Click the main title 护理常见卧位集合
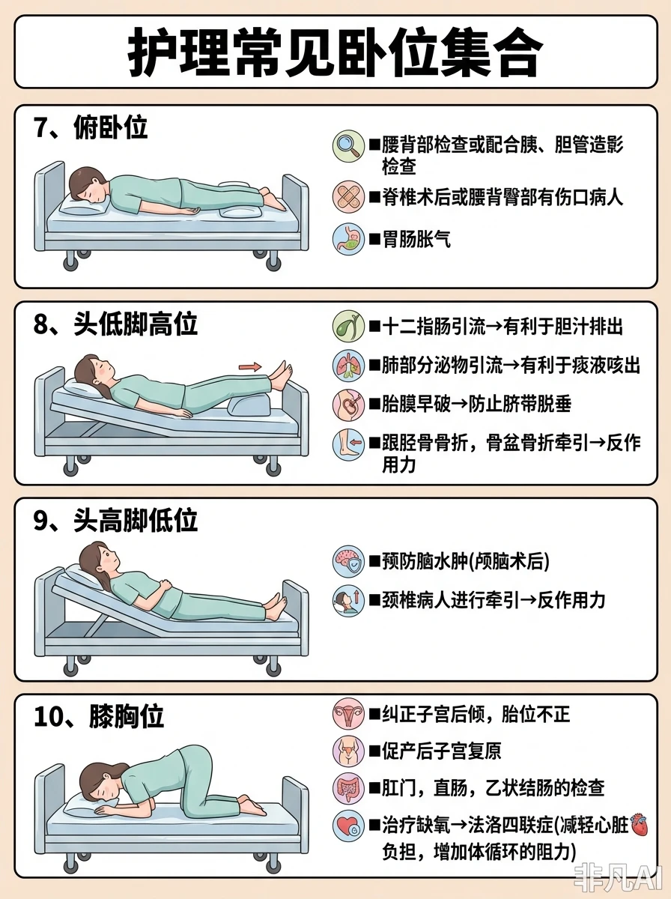[x=335, y=52]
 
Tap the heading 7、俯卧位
[x=91, y=127]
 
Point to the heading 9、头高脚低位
[x=116, y=521]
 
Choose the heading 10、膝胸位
[x=99, y=717]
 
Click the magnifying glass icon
[x=348, y=146]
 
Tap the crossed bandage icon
[x=348, y=197]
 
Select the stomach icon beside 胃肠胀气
[x=348, y=239]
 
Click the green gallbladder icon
[x=348, y=327]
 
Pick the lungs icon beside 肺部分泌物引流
[x=348, y=366]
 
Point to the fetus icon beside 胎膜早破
[x=348, y=405]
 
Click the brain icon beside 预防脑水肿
[x=348, y=561]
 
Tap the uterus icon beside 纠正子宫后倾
[x=348, y=713]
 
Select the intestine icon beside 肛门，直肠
[x=348, y=788]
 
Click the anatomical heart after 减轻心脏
[x=640, y=825]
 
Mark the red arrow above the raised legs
[x=250, y=366]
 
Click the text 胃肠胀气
[x=416, y=240]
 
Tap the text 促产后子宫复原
[x=441, y=751]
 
